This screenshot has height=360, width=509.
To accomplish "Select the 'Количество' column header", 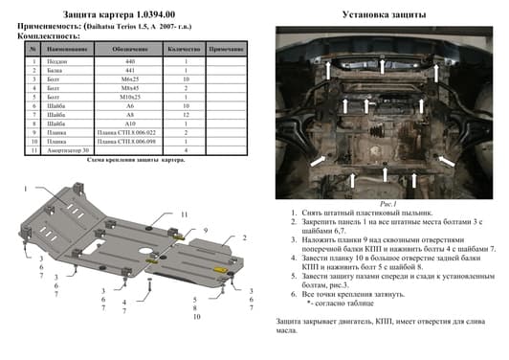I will point(183,47).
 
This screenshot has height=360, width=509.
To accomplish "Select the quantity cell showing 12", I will point(184,114).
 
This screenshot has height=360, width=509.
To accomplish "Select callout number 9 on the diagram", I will point(205,232).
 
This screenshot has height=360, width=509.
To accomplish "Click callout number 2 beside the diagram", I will point(245,236).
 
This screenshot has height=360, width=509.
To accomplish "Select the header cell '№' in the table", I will point(33,47).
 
